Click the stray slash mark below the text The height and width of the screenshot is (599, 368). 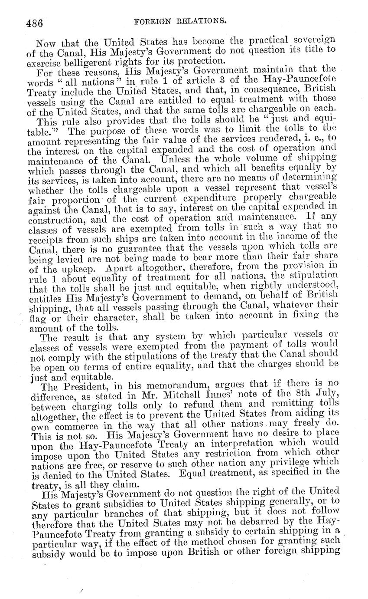[x=81, y=591]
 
